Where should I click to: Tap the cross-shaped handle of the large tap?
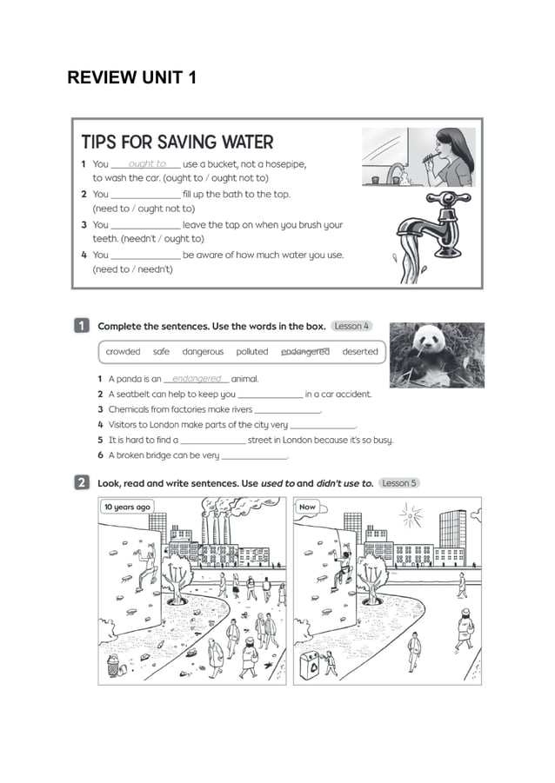[448, 198]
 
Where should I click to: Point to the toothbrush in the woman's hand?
[430, 158]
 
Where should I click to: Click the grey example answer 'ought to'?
[147, 163]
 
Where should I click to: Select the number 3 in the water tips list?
[84, 225]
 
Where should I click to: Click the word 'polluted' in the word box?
[252, 352]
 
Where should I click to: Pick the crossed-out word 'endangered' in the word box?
[305, 352]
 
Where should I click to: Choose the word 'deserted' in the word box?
[360, 352]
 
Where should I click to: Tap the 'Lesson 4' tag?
[351, 326]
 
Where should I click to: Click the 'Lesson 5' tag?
[399, 483]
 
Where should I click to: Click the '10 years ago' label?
[127, 507]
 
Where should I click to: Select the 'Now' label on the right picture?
[307, 507]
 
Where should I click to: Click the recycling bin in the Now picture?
[310, 666]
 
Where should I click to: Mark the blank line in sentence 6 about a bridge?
[255, 458]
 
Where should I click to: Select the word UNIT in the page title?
[162, 77]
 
